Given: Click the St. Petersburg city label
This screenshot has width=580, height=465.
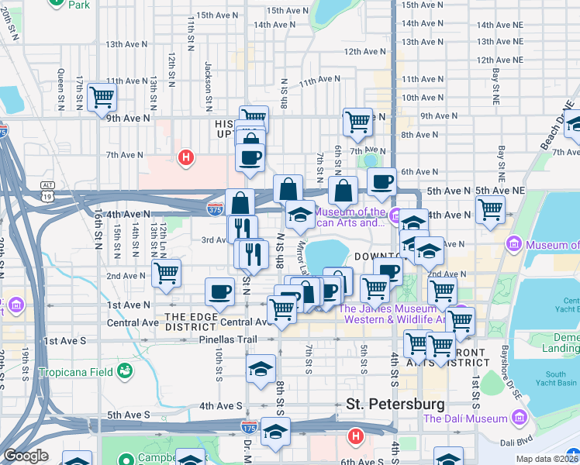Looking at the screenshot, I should pyautogui.click(x=395, y=404).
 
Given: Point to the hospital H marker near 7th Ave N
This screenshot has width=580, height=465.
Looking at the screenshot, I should pyautogui.click(x=185, y=159).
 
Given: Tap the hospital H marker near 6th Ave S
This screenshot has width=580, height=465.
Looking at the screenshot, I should pyautogui.click(x=355, y=437).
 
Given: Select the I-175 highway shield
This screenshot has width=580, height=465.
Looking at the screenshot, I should pyautogui.click(x=249, y=427).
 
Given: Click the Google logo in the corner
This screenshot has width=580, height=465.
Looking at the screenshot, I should pyautogui.click(x=26, y=456).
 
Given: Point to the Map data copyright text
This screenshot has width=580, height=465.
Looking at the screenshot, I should pyautogui.click(x=546, y=459).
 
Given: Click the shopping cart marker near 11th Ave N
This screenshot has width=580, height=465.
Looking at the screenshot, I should pyautogui.click(x=102, y=97).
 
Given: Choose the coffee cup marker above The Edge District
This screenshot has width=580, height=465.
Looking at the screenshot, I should pyautogui.click(x=219, y=291).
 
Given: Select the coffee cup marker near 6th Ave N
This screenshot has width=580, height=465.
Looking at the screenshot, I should pyautogui.click(x=381, y=181).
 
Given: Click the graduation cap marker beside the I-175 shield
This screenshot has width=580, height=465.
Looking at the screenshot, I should pyautogui.click(x=275, y=431).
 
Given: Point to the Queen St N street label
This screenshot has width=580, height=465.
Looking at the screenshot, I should pyautogui.click(x=60, y=85).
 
